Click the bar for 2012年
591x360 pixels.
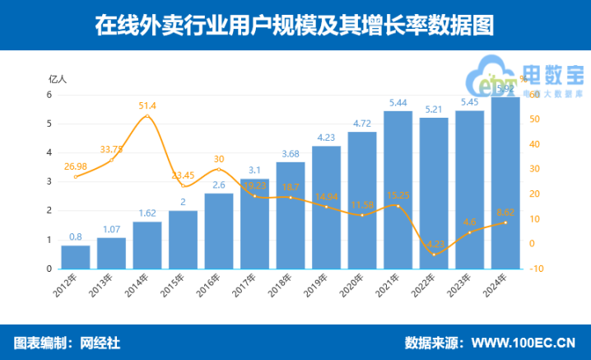[x=76, y=257]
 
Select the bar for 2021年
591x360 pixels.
[x=398, y=189]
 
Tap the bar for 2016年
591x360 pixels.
[x=219, y=231]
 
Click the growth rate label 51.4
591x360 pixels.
[x=148, y=105]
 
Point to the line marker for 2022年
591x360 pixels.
[x=434, y=255]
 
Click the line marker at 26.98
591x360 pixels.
[x=76, y=176]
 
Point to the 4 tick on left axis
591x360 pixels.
[x=49, y=152]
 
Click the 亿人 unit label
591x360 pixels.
[x=57, y=79]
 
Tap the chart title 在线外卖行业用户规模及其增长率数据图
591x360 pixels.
[x=295, y=26]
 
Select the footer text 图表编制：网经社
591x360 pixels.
[x=67, y=342]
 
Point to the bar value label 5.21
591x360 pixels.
[x=434, y=109]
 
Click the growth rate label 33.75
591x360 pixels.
[x=112, y=149]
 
